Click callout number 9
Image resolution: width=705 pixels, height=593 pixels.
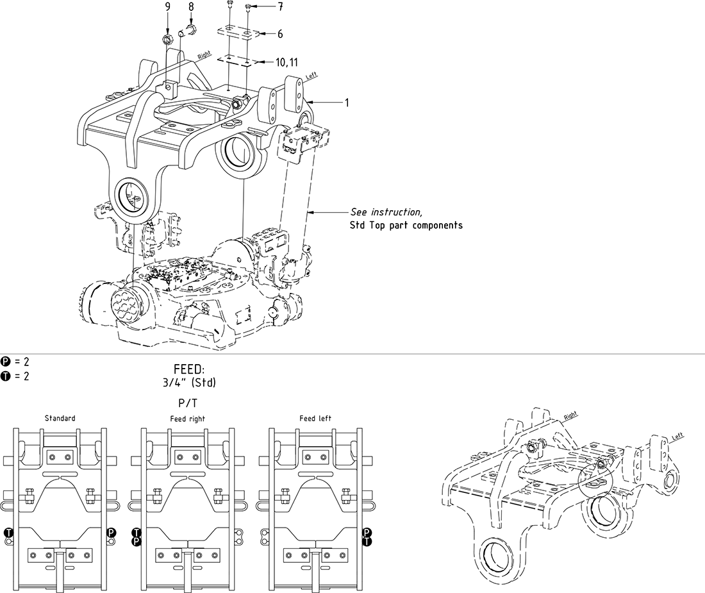click(x=168, y=7)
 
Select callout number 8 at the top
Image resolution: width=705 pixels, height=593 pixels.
click(x=190, y=7)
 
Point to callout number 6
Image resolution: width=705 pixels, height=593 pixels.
click(x=279, y=34)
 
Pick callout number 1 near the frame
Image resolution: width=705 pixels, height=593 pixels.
click(x=347, y=103)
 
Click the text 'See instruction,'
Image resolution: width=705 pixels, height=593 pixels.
click(x=386, y=212)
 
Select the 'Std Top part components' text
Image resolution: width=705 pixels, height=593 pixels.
click(x=406, y=226)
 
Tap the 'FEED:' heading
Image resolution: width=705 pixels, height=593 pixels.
click(x=188, y=371)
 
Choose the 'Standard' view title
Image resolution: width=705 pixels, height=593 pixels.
click(x=60, y=419)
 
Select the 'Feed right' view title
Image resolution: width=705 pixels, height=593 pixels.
click(x=188, y=419)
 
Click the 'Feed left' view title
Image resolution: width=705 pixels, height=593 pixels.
click(x=315, y=419)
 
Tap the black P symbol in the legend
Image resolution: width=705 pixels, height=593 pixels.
click(x=6, y=362)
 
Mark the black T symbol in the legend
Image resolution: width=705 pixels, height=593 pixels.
click(x=6, y=376)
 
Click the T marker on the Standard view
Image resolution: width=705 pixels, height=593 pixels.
click(x=8, y=532)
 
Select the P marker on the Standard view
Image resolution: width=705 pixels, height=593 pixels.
click(x=111, y=532)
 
